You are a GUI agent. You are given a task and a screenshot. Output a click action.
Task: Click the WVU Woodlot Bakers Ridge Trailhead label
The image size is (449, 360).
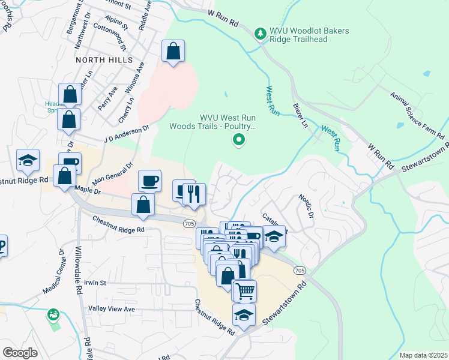click(x=310, y=35)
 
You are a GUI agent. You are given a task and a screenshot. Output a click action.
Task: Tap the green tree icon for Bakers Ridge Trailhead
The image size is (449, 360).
click(x=261, y=34)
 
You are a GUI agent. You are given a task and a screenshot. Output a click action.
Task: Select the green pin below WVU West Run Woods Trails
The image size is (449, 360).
click(x=239, y=141)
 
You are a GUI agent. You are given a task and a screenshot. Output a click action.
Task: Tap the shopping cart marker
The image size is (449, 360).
click(x=244, y=292)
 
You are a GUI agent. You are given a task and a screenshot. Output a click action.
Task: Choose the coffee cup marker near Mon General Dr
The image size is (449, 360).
click(x=149, y=180)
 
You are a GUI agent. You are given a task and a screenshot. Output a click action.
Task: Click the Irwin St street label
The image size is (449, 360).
click(x=94, y=283)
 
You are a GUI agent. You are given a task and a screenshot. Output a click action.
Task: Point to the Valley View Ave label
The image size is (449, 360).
click(x=112, y=308)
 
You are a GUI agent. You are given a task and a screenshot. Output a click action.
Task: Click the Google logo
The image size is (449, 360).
click(x=20, y=352)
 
